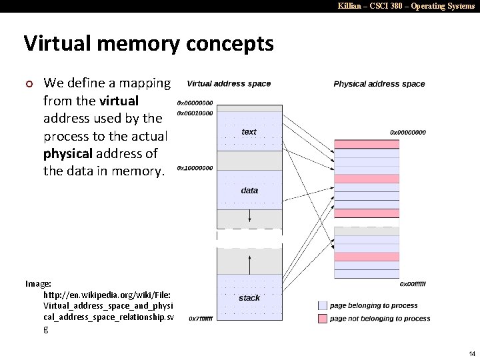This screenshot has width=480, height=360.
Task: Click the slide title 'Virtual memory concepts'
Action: [x=149, y=44]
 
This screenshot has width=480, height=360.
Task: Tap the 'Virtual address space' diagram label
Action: [x=229, y=84]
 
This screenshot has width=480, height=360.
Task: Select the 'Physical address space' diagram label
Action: [x=379, y=84]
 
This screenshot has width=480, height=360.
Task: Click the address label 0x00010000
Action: [x=195, y=113]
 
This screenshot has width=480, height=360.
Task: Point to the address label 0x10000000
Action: [x=195, y=168]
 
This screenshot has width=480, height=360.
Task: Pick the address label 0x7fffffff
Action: [x=201, y=319]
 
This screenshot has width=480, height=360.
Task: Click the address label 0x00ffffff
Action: [x=412, y=284]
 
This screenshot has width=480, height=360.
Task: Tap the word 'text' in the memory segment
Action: [x=249, y=132]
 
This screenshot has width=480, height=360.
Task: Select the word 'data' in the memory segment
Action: [x=249, y=191]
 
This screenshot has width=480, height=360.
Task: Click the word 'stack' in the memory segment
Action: [x=249, y=298]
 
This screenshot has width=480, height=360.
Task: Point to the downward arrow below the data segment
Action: [x=249, y=217]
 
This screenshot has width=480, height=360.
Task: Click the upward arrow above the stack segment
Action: [x=249, y=265]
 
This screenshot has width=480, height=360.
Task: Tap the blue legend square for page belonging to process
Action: [x=323, y=305]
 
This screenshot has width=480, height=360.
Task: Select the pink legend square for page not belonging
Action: [x=323, y=319]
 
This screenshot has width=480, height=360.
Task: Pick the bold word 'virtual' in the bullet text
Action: [x=119, y=101]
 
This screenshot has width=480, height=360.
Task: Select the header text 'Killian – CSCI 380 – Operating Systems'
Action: [x=406, y=6]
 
